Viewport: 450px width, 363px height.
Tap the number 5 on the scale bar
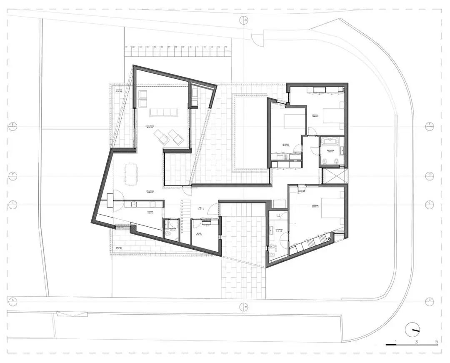[x=437, y=342]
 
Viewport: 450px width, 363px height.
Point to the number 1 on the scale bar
[x=396, y=342]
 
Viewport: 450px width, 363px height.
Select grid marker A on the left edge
[x=12, y=300]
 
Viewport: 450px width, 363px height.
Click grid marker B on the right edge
[x=429, y=300]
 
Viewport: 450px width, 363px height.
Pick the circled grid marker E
[x=12, y=125]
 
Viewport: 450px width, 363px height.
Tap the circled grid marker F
[x=429, y=125]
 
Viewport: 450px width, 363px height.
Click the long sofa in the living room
[x=164, y=113]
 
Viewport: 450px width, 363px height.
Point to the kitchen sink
[x=135, y=204]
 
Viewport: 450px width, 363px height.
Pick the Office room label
[x=199, y=234]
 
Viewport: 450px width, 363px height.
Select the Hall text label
[x=200, y=208]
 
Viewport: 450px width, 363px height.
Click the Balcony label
[x=119, y=248]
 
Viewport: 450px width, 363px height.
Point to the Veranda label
[x=119, y=90]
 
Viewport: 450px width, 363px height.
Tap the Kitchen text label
[x=150, y=212]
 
